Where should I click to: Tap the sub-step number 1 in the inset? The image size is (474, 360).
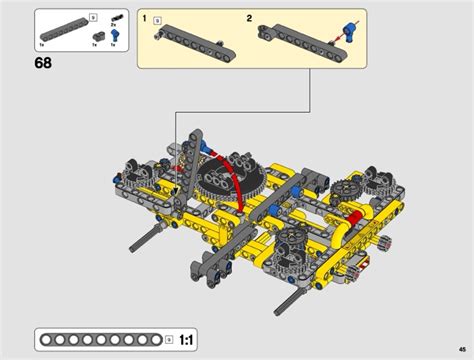click(145, 19)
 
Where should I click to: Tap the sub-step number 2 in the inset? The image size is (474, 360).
click(249, 19)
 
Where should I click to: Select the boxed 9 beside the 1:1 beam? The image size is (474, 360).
click(168, 339)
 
